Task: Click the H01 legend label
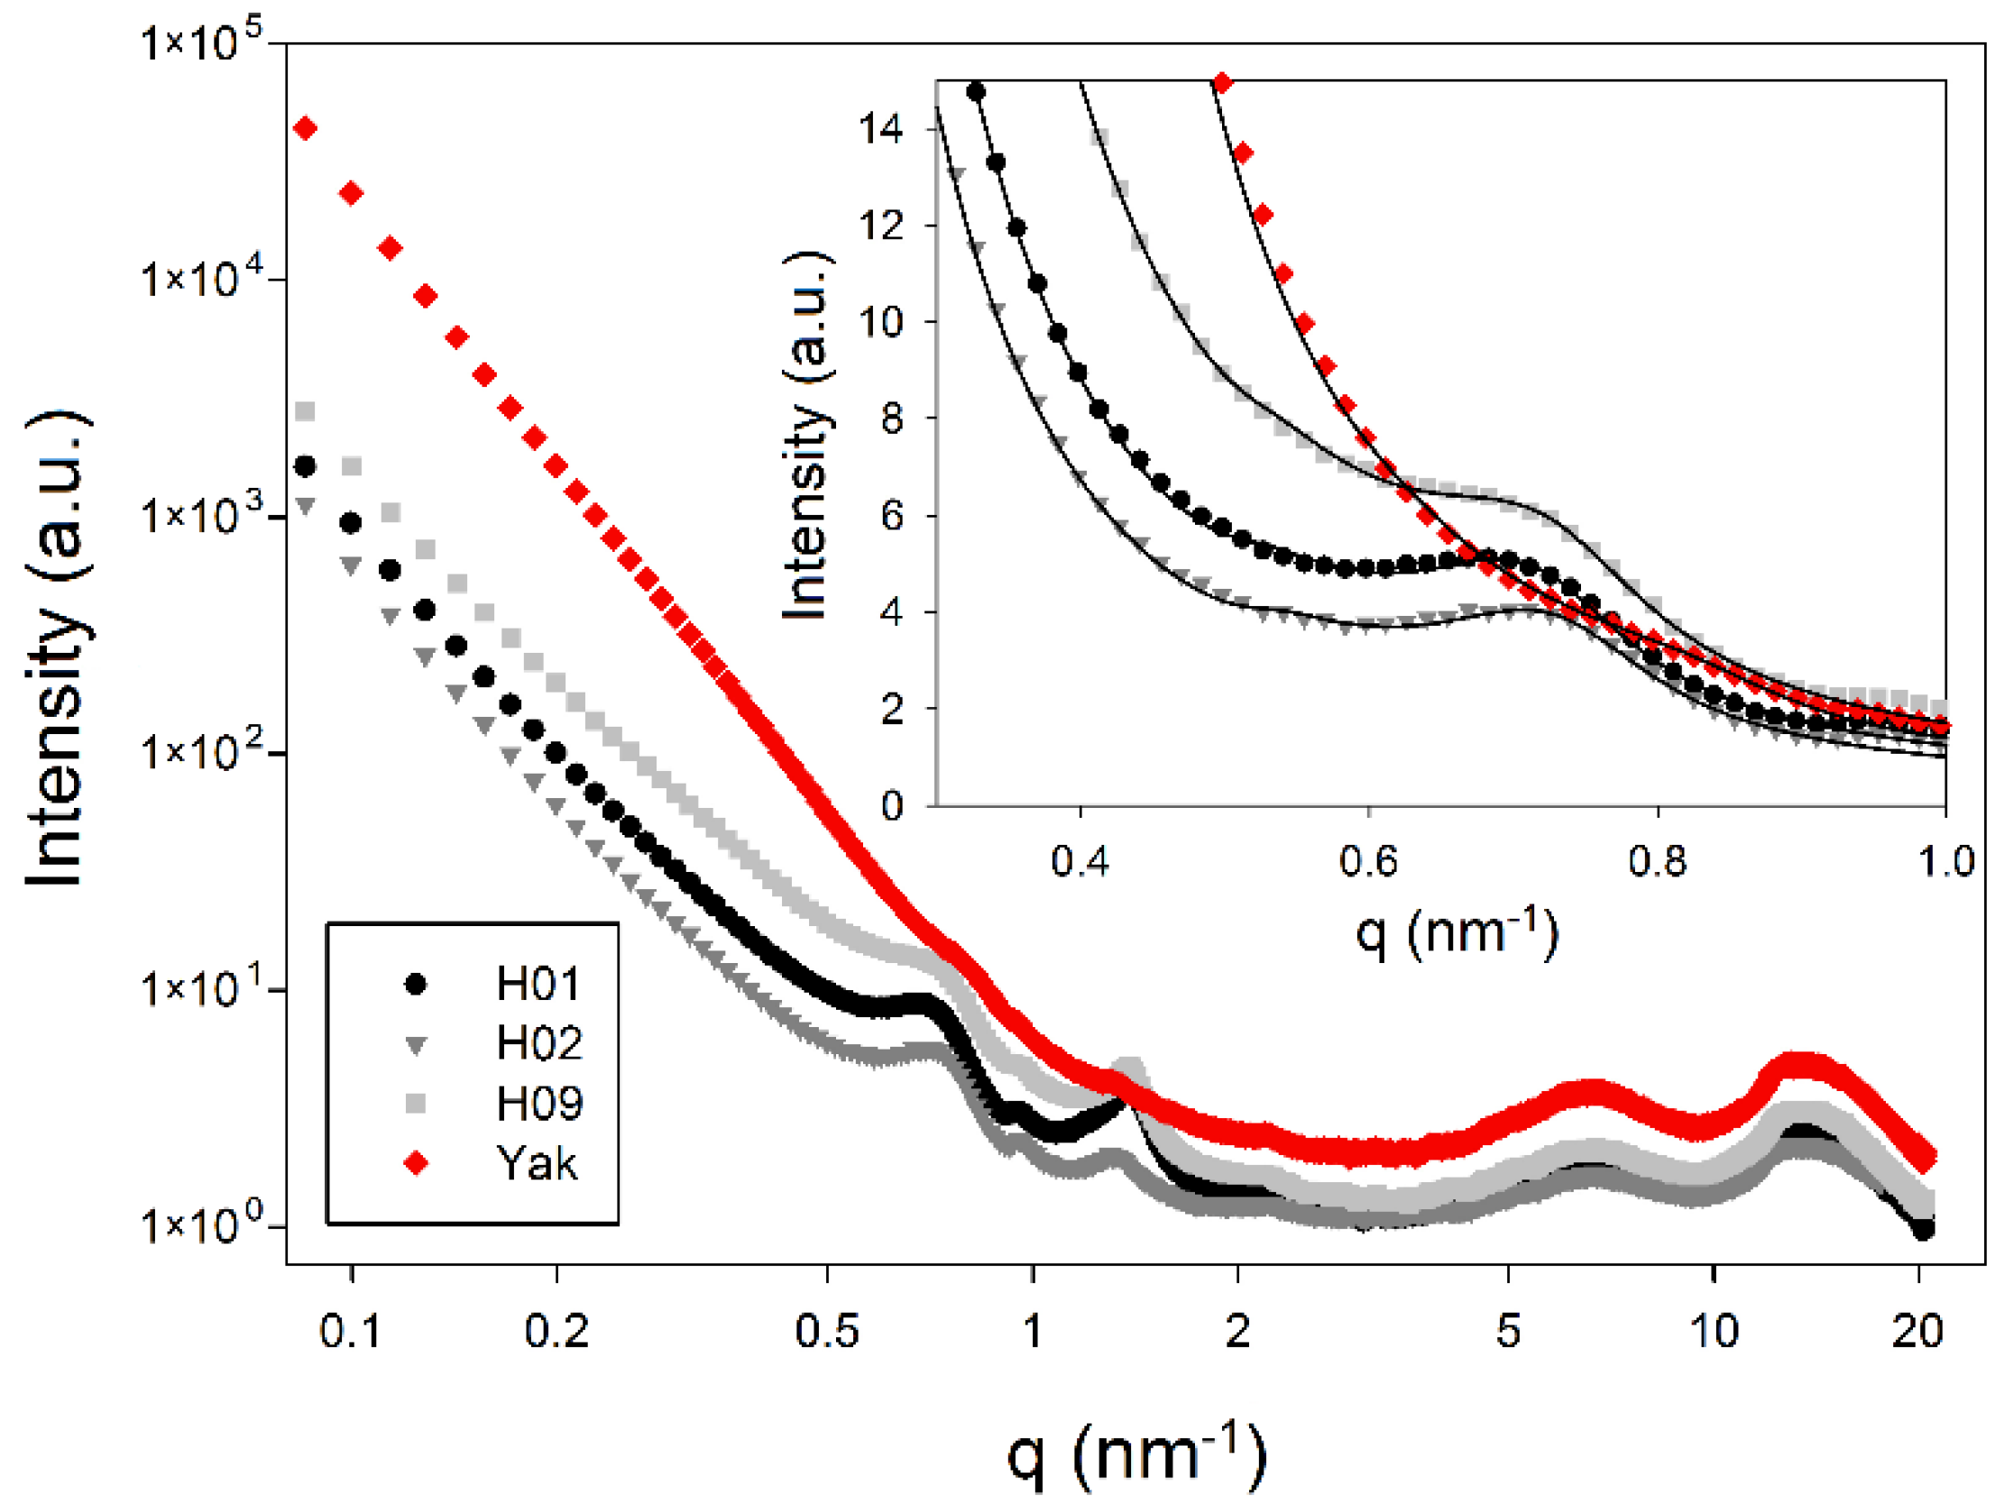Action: tap(538, 984)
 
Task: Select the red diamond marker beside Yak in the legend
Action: tap(416, 1163)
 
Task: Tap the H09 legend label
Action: tap(539, 1104)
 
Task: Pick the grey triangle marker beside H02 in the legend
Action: tap(416, 1045)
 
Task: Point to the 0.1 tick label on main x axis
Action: tap(351, 1331)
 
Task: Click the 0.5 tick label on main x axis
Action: tap(826, 1331)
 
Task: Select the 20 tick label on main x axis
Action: tap(1917, 1331)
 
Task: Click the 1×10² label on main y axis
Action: tap(200, 751)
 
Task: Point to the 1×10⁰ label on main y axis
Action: tap(200, 1225)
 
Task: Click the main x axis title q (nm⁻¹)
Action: tap(1137, 1455)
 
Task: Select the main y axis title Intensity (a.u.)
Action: tap(56, 647)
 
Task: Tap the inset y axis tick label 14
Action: tap(880, 129)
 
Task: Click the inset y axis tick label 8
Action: tap(891, 418)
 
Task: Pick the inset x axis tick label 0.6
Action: tap(1368, 860)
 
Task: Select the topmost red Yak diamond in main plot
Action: tap(306, 129)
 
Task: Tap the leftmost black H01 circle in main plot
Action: tap(306, 466)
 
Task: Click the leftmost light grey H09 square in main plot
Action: tap(306, 412)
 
